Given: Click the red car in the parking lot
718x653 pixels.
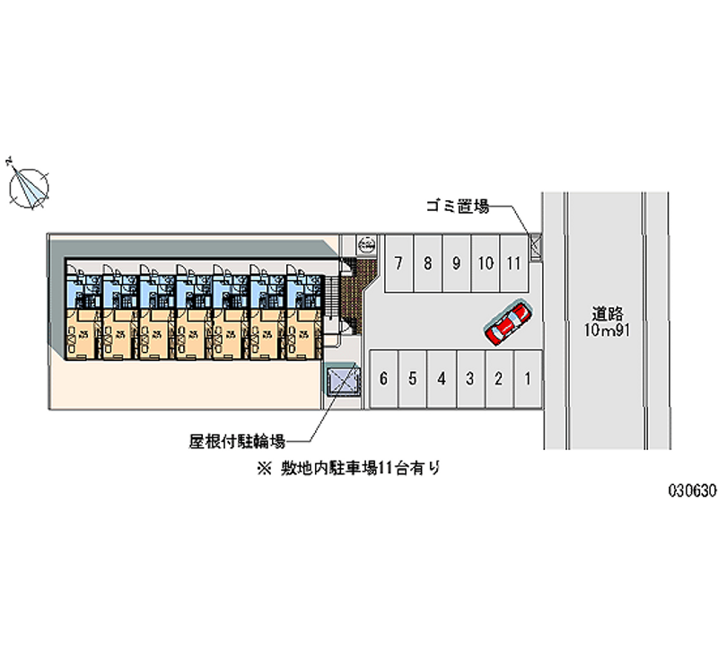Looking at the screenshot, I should click(x=508, y=323).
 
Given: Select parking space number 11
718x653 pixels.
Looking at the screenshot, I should click(x=513, y=263).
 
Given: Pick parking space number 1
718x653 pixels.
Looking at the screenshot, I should click(x=529, y=378).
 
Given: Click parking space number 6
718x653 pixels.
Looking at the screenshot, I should click(x=383, y=378).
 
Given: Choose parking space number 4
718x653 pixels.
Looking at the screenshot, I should click(x=442, y=378).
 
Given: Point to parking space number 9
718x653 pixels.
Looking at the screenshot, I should click(x=457, y=263).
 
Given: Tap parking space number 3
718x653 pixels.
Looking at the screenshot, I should click(x=469, y=378).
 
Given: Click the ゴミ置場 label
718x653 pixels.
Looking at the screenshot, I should click(x=457, y=207).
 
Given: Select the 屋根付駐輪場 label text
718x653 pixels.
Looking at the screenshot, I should click(x=237, y=440).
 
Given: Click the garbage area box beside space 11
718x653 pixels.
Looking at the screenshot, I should click(x=536, y=244).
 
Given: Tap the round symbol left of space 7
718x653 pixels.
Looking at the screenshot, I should click(x=366, y=243).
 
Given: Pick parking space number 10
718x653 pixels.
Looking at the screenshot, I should click(x=485, y=263).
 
